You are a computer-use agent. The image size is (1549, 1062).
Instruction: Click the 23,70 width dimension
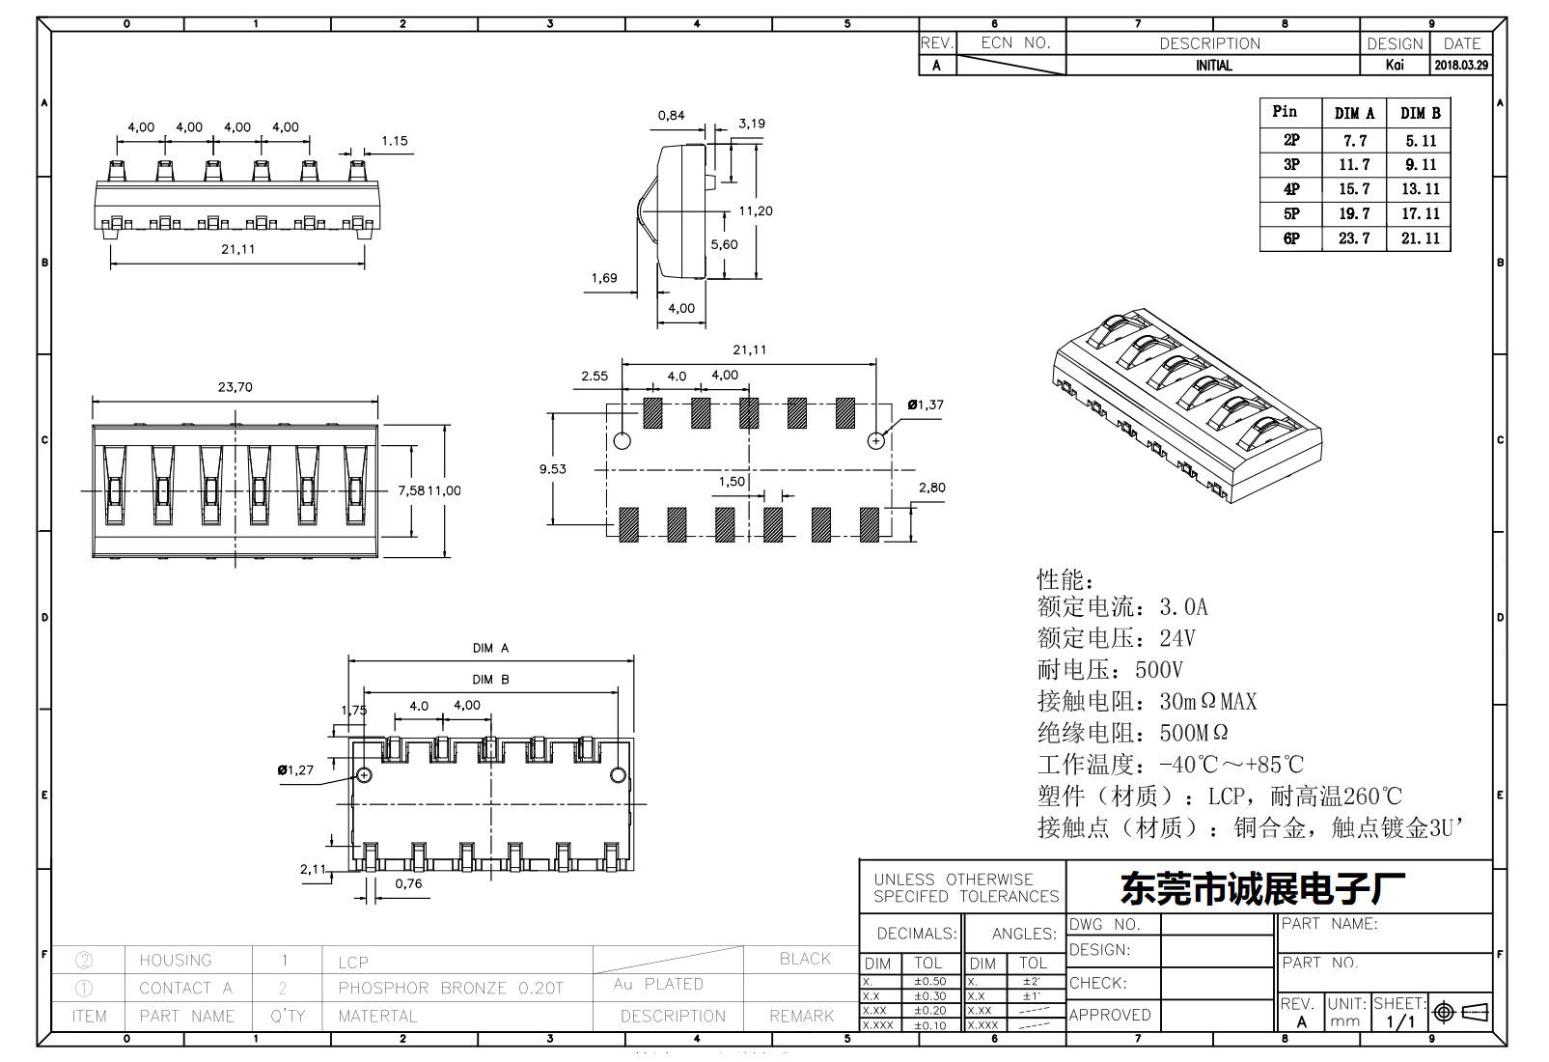click(x=235, y=387)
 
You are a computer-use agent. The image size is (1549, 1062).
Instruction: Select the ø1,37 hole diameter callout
click(x=926, y=405)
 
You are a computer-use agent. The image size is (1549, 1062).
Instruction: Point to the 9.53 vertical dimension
click(x=553, y=469)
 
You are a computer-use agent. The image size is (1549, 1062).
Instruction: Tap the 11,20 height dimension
click(x=756, y=210)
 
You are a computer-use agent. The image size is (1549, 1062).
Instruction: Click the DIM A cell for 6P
click(x=1354, y=238)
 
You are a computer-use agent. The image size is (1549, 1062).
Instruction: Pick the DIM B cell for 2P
click(x=1420, y=140)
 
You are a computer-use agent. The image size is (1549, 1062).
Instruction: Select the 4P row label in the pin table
click(x=1291, y=189)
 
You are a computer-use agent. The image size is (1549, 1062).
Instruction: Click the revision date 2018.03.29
click(x=1461, y=66)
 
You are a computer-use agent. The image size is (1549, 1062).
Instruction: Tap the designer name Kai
click(x=1395, y=66)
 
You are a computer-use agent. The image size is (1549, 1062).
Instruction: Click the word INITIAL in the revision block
click(x=1213, y=66)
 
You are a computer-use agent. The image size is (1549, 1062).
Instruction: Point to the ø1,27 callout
click(x=295, y=769)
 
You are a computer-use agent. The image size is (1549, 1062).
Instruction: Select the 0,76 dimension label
click(x=408, y=883)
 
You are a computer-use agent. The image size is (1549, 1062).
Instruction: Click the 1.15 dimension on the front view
click(x=394, y=141)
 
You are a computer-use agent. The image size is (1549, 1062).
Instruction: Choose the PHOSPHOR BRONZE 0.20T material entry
click(x=450, y=989)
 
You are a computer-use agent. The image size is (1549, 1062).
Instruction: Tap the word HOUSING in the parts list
click(x=175, y=961)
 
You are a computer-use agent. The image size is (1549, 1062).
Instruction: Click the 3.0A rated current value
click(x=1183, y=607)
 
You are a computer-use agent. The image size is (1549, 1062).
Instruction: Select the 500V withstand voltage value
click(x=1159, y=670)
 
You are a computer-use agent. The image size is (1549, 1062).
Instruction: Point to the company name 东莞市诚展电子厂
click(x=1262, y=889)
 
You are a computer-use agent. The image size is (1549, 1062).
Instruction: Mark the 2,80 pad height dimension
click(x=931, y=488)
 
